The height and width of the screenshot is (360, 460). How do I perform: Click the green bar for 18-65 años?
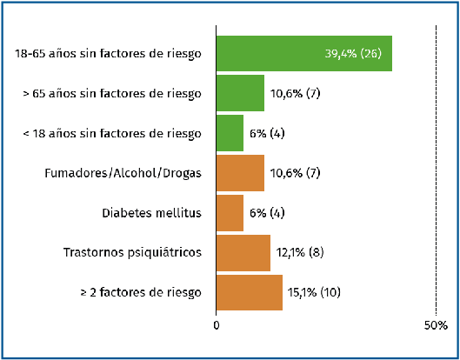(304, 53)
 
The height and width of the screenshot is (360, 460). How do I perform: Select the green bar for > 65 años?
(240, 93)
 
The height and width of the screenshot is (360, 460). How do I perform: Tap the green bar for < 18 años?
(230, 133)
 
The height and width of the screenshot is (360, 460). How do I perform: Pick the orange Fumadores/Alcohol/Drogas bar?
(240, 173)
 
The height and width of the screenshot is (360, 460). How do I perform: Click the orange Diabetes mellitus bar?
(230, 213)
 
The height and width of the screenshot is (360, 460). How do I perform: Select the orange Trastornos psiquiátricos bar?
(243, 253)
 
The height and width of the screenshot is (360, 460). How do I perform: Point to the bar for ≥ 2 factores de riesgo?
(250, 292)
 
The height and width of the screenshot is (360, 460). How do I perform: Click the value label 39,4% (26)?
(353, 54)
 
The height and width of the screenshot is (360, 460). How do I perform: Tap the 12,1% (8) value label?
(300, 252)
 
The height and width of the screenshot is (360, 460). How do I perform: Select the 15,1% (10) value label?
(314, 292)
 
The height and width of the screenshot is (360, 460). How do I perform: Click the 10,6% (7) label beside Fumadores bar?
(295, 173)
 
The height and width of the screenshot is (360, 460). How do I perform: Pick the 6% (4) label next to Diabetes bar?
(267, 213)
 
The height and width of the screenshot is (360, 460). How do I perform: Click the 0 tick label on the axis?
(217, 325)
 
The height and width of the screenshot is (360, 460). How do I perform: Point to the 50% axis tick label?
(436, 325)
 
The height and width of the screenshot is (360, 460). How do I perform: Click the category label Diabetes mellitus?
(151, 213)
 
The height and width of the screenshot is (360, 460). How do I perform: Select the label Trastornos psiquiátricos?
(132, 253)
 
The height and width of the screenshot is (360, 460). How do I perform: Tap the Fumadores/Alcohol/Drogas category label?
(123, 173)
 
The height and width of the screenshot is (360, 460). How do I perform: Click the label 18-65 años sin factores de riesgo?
(108, 54)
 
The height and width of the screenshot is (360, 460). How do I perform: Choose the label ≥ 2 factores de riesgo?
(141, 293)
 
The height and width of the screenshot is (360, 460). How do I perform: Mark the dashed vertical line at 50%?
(436, 170)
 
